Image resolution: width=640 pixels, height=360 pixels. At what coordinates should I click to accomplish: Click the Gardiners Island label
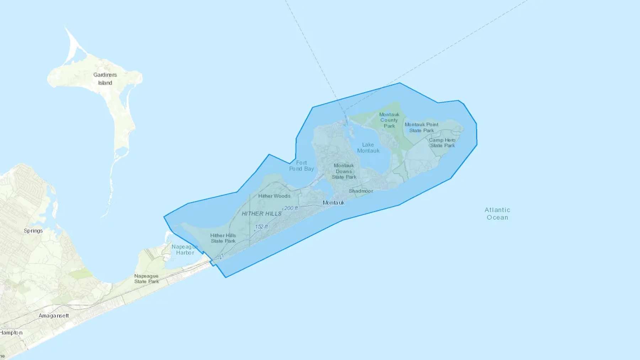tap(105, 79)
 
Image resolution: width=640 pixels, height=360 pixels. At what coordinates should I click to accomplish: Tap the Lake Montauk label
tap(368, 147)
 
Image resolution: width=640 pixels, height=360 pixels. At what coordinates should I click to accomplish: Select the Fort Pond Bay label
tap(302, 166)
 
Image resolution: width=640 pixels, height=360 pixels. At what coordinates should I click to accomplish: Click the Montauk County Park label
tap(389, 120)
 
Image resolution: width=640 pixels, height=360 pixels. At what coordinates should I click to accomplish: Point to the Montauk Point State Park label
tap(421, 127)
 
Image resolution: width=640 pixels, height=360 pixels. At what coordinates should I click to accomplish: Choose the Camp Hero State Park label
tap(442, 143)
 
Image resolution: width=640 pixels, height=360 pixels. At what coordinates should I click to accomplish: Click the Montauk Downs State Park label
tap(344, 171)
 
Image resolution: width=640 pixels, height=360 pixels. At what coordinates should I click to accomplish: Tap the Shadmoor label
tap(361, 191)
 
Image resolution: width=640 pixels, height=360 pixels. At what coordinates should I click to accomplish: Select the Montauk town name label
tap(334, 203)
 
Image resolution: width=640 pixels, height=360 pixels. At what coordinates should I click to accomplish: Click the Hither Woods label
tap(274, 196)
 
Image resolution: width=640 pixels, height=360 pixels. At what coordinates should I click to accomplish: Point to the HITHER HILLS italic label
tap(261, 214)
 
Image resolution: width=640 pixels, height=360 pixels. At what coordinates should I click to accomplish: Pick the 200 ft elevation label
tap(291, 208)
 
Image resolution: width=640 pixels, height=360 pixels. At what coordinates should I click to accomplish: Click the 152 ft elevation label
tap(261, 227)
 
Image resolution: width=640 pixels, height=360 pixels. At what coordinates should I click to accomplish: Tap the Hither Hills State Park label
tap(223, 238)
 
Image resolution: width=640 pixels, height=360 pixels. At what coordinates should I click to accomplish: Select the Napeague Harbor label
tap(185, 249)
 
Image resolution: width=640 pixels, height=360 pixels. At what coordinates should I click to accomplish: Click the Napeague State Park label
tap(146, 279)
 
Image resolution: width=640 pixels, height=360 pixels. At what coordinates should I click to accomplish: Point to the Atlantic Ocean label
tap(497, 214)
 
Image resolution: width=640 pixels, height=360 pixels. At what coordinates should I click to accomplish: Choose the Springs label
tap(33, 231)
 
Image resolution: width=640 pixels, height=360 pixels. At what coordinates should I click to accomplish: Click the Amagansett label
tap(54, 316)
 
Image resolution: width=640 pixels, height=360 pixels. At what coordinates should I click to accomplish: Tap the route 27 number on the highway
tap(221, 256)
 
